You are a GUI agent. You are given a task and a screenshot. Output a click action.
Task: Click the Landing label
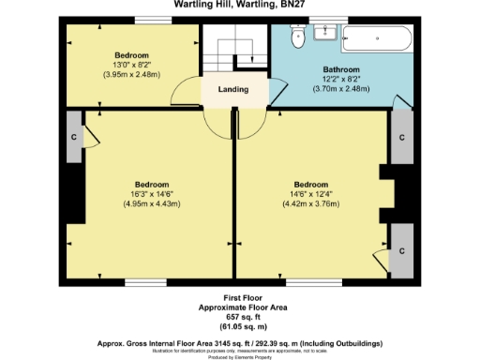pyautogui.click(x=233, y=90)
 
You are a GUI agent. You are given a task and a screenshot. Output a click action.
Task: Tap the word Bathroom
pyautogui.click(x=341, y=69)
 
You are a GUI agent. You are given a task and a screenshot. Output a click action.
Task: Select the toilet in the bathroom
pyautogui.click(x=298, y=38)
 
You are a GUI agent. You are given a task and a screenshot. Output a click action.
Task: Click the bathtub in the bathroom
pyautogui.click(x=376, y=40)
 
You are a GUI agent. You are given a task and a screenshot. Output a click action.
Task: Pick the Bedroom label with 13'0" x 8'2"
pyautogui.click(x=132, y=55)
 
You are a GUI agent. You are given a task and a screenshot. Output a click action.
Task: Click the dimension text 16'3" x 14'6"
pyautogui.click(x=152, y=194)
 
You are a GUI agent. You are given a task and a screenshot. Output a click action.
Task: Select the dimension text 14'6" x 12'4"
pyautogui.click(x=311, y=194)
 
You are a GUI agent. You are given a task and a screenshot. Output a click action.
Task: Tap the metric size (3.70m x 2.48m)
pyautogui.click(x=341, y=87)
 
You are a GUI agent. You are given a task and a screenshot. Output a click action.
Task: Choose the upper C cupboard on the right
pyautogui.click(x=401, y=138)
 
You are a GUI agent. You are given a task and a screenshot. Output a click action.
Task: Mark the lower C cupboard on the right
pyautogui.click(x=401, y=252)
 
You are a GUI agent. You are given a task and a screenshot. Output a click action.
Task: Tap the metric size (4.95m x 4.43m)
pyautogui.click(x=152, y=203)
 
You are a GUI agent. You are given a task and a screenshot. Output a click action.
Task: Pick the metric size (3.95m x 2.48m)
pyautogui.click(x=132, y=73)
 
